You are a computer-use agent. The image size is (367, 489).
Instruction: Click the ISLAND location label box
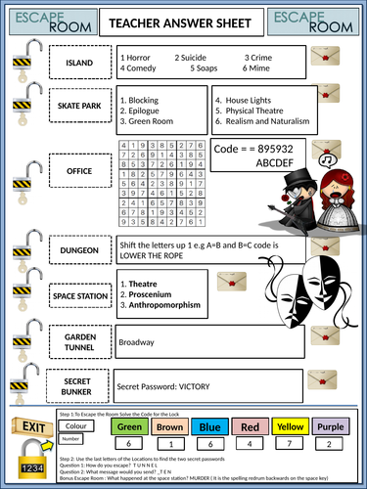coord(78,64)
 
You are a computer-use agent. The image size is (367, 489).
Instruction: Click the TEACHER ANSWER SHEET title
coord(184,22)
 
